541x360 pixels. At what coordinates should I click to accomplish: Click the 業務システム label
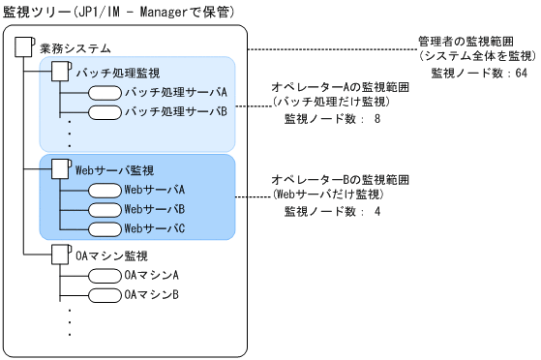point(75,47)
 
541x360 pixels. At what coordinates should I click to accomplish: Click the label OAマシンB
point(152,295)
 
